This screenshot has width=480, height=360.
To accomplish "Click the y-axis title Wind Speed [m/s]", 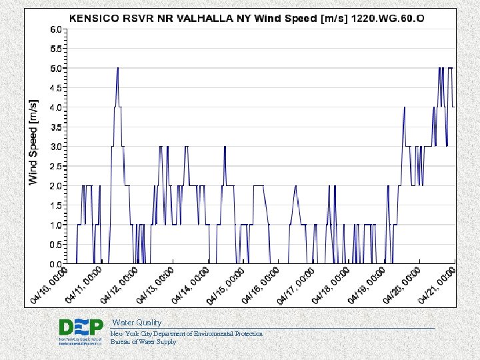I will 34,142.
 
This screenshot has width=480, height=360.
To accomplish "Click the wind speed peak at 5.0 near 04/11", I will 118,68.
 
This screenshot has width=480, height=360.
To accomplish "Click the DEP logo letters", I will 81,327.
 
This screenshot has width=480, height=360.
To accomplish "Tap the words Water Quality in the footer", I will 136,323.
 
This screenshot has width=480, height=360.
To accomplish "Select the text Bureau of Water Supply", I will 143,342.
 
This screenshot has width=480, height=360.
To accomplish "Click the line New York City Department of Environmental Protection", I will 186,333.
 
